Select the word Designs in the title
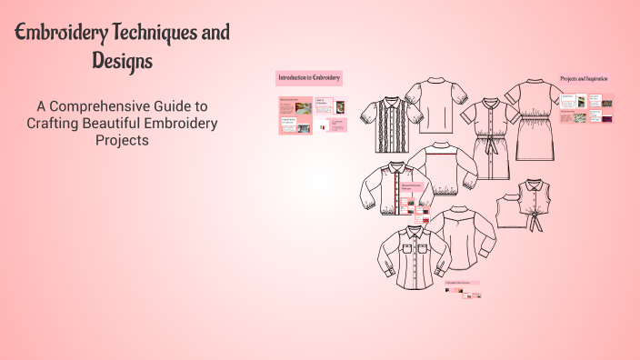coord(122,62)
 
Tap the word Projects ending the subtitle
coord(122,141)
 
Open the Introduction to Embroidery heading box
coord(309,78)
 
